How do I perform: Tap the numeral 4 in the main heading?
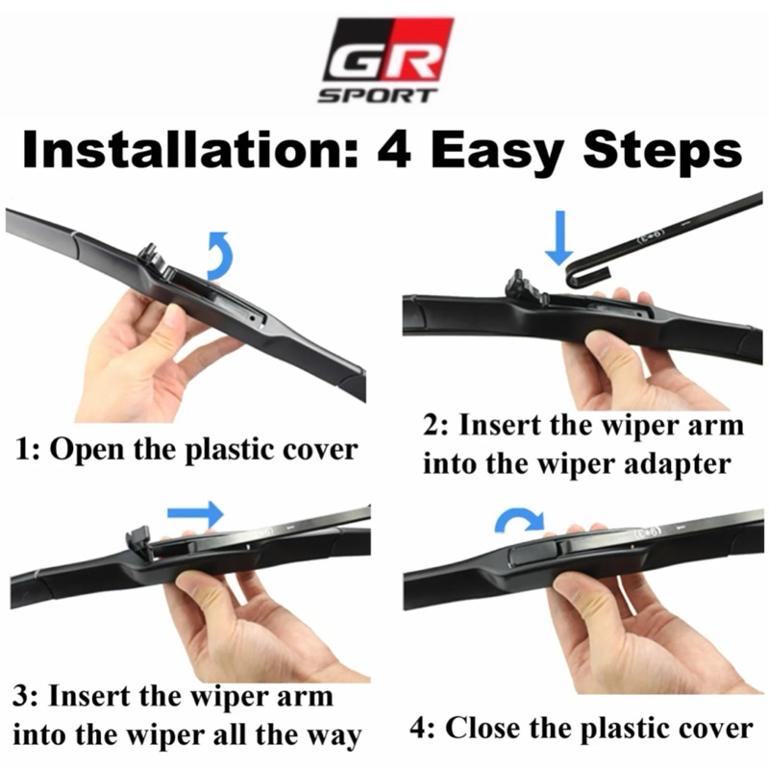coord(394,150)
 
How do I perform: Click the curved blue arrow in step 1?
coord(222,255)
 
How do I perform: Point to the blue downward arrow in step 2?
coord(559,237)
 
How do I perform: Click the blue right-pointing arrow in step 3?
coord(195,513)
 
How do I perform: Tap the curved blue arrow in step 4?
coord(519,521)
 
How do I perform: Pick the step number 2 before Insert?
coord(433,426)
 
